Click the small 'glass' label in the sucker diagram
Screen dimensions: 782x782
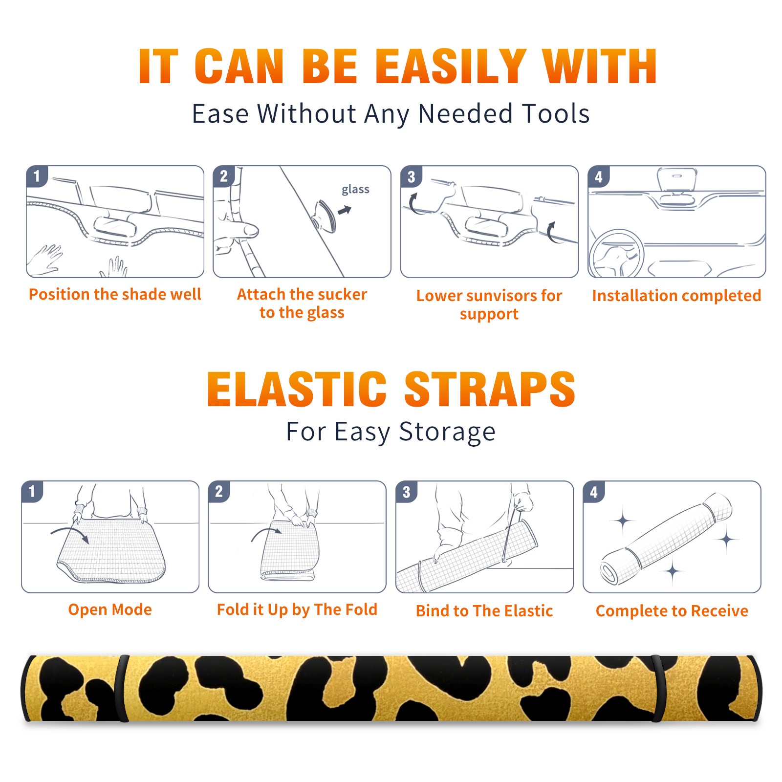tap(355, 190)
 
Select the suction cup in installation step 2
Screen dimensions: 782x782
tap(325, 216)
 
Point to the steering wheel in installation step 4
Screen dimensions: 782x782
tap(616, 254)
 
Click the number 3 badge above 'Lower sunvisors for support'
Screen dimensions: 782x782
tap(411, 177)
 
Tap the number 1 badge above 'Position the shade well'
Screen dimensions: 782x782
tap(37, 176)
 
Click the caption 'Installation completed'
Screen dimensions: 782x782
tap(676, 295)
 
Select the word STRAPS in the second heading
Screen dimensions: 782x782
tap(490, 389)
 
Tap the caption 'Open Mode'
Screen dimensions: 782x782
tap(110, 609)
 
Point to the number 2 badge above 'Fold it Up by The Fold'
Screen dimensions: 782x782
tap(218, 491)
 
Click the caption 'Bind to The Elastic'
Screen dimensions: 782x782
tap(484, 611)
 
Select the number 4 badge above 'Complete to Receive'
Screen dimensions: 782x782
tap(593, 491)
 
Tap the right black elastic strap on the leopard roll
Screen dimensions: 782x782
tap(658, 689)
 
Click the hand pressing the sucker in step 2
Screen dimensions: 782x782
tap(235, 234)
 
